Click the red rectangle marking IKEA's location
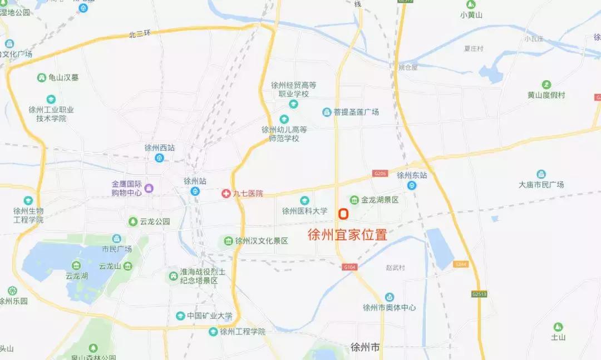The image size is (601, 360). [x=343, y=213]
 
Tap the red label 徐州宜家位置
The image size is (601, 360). [x=347, y=235]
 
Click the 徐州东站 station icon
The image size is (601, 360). [x=412, y=186]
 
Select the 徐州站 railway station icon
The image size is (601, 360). [x=195, y=191]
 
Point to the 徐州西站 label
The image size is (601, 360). [x=159, y=148]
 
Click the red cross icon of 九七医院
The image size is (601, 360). [x=226, y=194]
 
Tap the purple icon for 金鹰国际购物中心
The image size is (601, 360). [x=149, y=188]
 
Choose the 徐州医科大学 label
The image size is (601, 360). [x=304, y=211]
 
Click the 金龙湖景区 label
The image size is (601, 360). [x=380, y=200]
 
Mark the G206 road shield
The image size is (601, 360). [x=380, y=174]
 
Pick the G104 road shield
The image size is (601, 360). [x=349, y=268]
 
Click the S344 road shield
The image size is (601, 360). [x=460, y=264]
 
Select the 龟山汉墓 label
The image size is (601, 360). [x=63, y=78]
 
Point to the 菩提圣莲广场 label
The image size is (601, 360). [x=356, y=112]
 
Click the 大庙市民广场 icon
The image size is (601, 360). [x=541, y=174]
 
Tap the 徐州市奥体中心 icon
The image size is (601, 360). [x=390, y=297]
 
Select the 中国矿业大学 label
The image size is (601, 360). [x=209, y=316]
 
